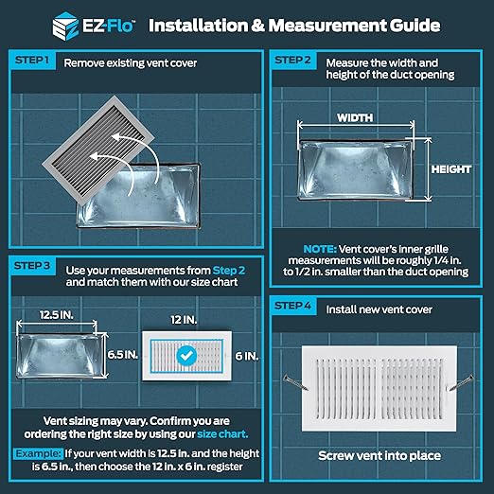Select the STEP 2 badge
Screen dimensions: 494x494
(x=292, y=60)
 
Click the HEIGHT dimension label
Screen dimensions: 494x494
(x=451, y=169)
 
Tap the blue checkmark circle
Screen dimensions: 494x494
(x=187, y=356)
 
